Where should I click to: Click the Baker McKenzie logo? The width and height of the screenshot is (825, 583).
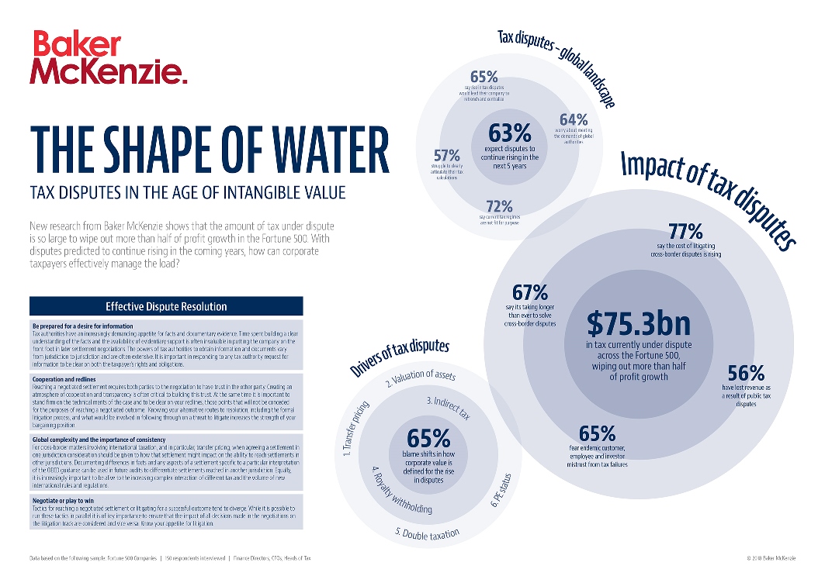coord(109,57)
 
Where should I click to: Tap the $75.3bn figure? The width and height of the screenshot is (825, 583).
coord(638,321)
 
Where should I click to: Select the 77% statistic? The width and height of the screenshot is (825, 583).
coord(685,231)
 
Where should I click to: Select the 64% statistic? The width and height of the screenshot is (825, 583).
coord(574,119)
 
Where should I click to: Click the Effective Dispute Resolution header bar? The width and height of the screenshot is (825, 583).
coord(166,305)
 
